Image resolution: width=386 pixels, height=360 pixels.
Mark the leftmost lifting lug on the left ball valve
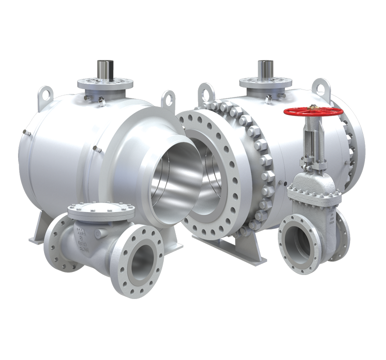coord(46,92)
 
